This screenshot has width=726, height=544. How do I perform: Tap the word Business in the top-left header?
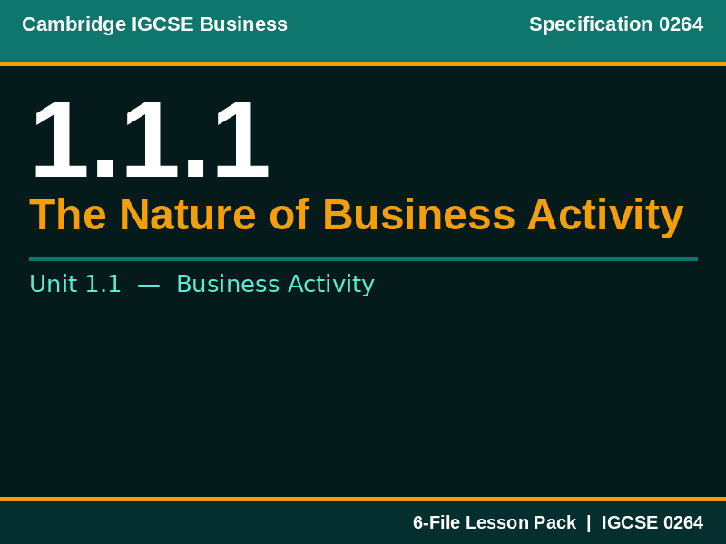(243, 24)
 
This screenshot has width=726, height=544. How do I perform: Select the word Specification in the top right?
(590, 24)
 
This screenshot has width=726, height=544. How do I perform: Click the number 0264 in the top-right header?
(681, 24)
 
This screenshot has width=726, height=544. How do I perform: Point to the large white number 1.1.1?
(150, 141)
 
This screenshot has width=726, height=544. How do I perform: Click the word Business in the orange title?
(417, 216)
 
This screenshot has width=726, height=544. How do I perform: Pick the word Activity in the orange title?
(604, 216)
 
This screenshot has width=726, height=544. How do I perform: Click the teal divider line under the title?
(363, 258)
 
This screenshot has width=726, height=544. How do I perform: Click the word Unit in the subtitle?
(53, 285)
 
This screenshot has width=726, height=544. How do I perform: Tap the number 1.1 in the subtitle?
(103, 285)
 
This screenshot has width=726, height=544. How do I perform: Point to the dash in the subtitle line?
(149, 285)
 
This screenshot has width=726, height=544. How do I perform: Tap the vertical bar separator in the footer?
(588, 523)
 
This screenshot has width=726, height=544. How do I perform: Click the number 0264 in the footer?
(682, 523)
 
